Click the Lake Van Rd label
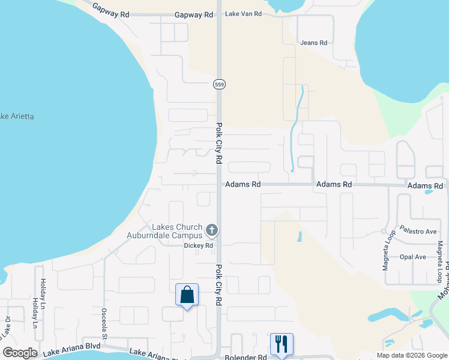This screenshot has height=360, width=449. pyautogui.click(x=244, y=14)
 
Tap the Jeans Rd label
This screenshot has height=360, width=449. pyautogui.click(x=314, y=43)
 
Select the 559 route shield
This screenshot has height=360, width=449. pyautogui.click(x=219, y=85)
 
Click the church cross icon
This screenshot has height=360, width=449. pyautogui.click(x=211, y=230)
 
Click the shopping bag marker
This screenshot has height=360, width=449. pyautogui.click(x=187, y=295)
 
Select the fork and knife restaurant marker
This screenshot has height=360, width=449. pyautogui.click(x=282, y=344)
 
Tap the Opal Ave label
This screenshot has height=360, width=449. pyautogui.click(x=412, y=257)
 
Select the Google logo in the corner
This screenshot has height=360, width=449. pyautogui.click(x=20, y=353)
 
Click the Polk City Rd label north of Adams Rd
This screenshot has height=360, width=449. pyautogui.click(x=219, y=145)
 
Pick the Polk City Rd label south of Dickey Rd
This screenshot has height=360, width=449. pyautogui.click(x=218, y=284)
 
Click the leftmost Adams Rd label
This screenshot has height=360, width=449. pyautogui.click(x=243, y=185)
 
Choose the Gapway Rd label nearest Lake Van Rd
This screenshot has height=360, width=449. pyautogui.click(x=194, y=14)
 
